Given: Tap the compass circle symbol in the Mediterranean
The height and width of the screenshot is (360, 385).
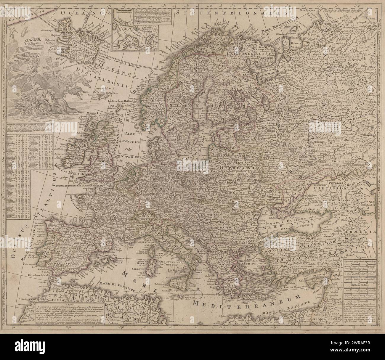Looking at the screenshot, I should point(199,293).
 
